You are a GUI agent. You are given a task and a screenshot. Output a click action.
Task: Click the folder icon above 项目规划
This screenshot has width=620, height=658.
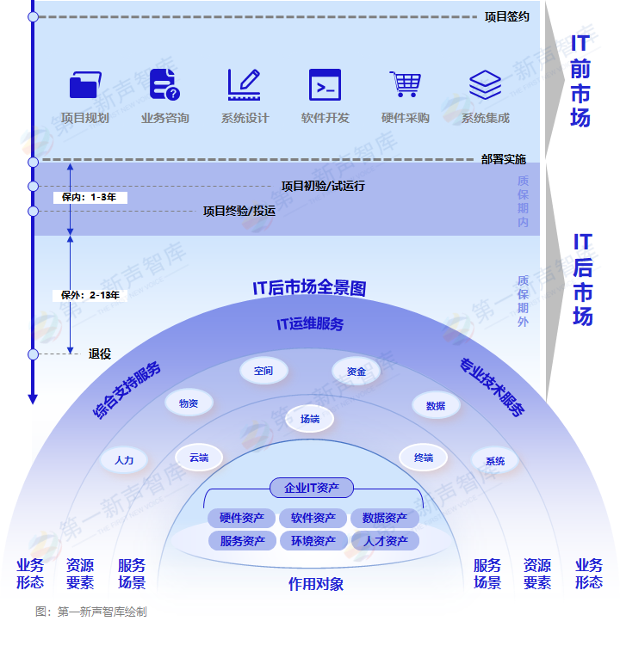click(x=84, y=85)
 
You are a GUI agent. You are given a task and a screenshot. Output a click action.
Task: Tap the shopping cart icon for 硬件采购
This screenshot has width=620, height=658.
click(x=405, y=84)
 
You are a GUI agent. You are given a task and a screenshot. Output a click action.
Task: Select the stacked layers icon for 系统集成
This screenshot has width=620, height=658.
click(x=485, y=85)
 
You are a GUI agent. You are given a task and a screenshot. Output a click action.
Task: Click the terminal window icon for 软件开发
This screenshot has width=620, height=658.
click(x=325, y=85)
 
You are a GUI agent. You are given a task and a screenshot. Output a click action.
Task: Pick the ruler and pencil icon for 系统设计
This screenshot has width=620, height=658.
click(x=245, y=85)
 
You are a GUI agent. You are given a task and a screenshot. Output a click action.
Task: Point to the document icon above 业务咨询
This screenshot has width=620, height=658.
click(x=164, y=84)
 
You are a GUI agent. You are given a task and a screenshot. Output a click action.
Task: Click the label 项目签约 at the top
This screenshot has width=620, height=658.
click(x=506, y=16)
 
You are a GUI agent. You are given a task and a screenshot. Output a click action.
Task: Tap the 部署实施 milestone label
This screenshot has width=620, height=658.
click(x=503, y=159)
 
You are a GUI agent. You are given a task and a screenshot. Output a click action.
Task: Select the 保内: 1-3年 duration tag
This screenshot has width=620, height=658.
click(x=90, y=197)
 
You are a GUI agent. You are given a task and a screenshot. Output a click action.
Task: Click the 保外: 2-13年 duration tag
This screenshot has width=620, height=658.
click(x=90, y=295)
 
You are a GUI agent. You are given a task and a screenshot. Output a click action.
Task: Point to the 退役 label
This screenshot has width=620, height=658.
click(x=100, y=354)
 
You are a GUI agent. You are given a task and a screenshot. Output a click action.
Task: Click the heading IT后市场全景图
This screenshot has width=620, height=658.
click(x=309, y=288)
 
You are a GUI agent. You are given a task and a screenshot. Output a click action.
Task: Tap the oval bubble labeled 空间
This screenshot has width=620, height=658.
click(x=263, y=371)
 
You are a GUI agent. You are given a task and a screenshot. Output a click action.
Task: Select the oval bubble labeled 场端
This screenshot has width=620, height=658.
click(x=310, y=419)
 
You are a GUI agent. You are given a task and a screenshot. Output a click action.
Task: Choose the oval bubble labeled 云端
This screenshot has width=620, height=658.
click(x=199, y=458)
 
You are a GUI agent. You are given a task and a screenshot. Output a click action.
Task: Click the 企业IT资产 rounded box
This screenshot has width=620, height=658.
click(x=312, y=488)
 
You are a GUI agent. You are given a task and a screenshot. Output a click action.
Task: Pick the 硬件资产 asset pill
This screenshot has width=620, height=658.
click(x=241, y=518)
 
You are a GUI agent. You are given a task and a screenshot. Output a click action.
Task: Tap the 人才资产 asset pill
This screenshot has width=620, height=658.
click(x=385, y=541)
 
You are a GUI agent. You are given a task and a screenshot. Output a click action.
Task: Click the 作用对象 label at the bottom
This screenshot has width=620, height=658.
click(x=315, y=585)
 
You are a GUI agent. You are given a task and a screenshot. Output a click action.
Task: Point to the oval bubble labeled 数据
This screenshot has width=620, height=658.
click(x=436, y=405)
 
